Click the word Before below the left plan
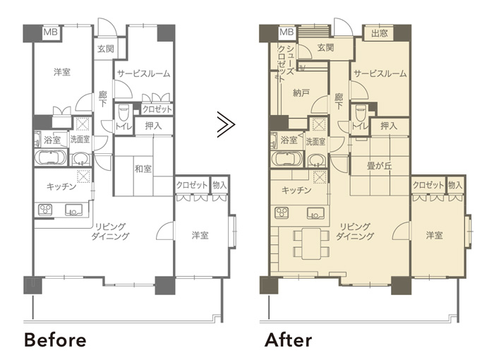(55, 340)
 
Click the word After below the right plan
(288, 340)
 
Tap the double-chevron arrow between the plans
(226, 124)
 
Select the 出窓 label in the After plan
(379, 33)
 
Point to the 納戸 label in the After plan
(301, 92)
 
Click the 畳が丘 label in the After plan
(380, 165)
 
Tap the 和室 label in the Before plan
(143, 169)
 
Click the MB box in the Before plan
(51, 32)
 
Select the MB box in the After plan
(287, 32)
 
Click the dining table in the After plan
(311, 243)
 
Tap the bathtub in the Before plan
(50, 157)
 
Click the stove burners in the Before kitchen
(45, 210)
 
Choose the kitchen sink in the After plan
(315, 213)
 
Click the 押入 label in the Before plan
(153, 126)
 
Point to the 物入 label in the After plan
(455, 185)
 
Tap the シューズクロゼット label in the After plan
(285, 63)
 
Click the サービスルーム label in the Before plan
(144, 74)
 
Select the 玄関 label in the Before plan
(106, 49)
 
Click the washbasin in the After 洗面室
(316, 161)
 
